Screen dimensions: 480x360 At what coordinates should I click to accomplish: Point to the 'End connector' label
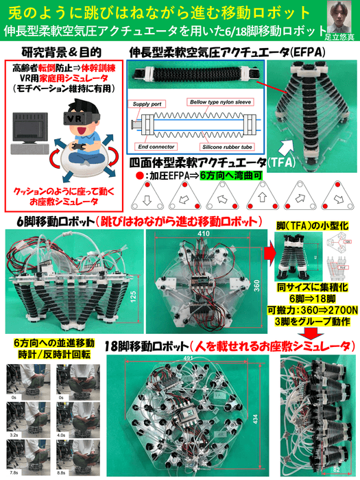[154, 145]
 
